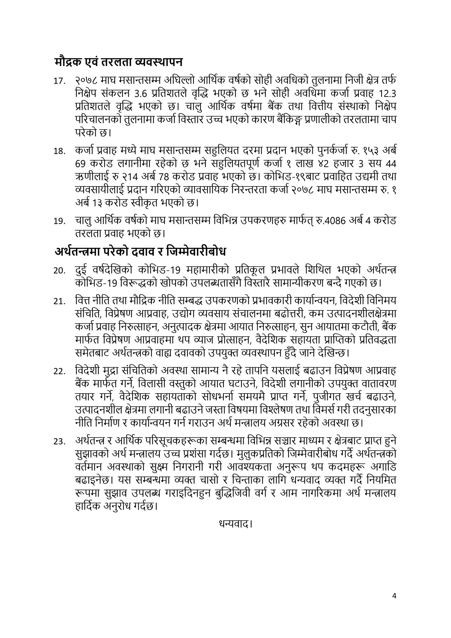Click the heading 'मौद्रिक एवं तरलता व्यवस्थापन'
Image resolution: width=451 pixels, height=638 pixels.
click(x=118, y=62)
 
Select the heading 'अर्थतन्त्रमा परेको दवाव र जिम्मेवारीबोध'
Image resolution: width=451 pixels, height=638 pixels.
click(x=140, y=252)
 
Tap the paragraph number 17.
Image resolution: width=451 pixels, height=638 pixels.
click(x=60, y=81)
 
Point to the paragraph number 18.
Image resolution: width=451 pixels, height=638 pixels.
click(x=60, y=152)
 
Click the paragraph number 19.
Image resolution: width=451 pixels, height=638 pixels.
click(x=60, y=222)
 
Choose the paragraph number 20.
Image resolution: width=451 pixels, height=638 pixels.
click(x=60, y=271)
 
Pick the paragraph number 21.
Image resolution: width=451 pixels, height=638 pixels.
click(x=60, y=302)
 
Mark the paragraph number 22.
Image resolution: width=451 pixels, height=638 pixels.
click(x=60, y=372)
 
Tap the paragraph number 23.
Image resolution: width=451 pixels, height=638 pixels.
click(x=60, y=442)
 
